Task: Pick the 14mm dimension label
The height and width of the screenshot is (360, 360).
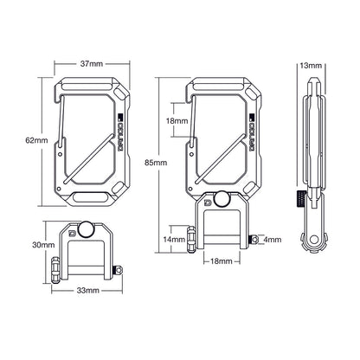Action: [x=173, y=238]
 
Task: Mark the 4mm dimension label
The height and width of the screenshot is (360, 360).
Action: [x=272, y=238]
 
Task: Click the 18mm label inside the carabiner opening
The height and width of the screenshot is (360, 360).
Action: [x=176, y=122]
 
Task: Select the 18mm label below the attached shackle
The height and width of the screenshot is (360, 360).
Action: [x=221, y=260]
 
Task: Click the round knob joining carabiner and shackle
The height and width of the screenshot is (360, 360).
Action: [x=222, y=198]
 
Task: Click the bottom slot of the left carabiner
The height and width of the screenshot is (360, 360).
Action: [x=87, y=195]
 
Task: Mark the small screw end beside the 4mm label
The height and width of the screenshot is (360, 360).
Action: [x=254, y=239]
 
